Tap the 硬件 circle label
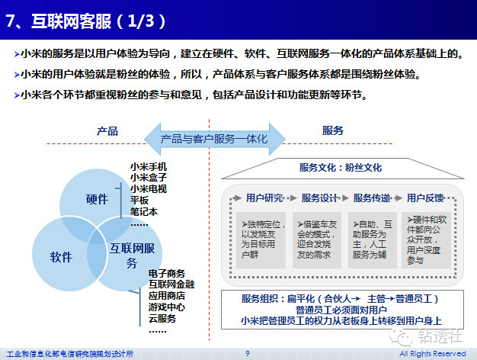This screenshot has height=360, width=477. [97, 200]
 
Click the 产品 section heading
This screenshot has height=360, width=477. [107, 131]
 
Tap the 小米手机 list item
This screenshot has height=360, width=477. [149, 166]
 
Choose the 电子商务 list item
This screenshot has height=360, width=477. [167, 273]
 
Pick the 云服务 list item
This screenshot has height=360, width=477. [162, 319]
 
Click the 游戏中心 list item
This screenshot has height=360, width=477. [167, 307]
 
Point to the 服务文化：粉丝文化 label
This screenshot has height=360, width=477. [341, 167]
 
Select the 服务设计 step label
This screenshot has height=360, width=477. [319, 198]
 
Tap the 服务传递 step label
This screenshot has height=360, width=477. [373, 198]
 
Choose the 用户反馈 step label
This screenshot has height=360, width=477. [425, 198]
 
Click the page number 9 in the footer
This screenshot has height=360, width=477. [247, 353]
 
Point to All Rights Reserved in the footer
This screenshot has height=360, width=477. [432, 353]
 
